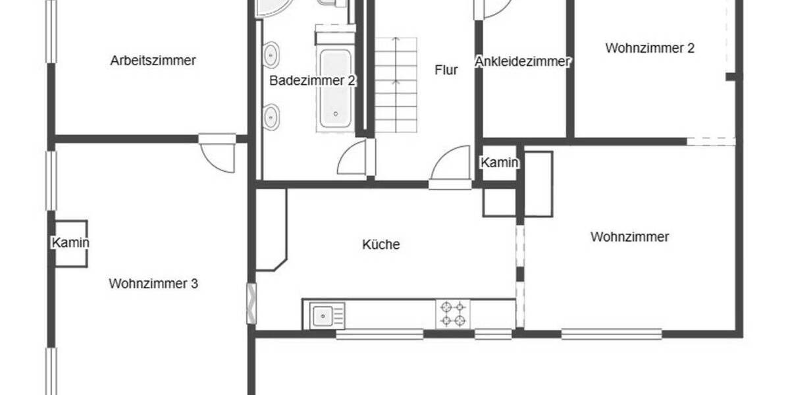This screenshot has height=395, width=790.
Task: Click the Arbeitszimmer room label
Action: click(x=153, y=61)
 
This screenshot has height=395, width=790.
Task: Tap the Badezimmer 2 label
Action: click(x=313, y=81)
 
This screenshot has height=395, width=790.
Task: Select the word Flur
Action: click(x=446, y=70)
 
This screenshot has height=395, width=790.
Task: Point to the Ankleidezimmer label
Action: click(x=523, y=61)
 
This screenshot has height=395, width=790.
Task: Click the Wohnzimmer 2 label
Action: click(x=650, y=48)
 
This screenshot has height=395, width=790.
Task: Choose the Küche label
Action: click(x=381, y=244)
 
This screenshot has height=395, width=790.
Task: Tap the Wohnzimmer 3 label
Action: click(x=153, y=284)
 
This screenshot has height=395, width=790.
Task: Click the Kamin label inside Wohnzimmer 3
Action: click(x=70, y=243)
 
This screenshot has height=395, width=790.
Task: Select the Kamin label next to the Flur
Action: click(x=500, y=163)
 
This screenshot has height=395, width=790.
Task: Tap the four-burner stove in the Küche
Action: click(x=454, y=314)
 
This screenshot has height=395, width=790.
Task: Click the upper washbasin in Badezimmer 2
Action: click(x=271, y=54)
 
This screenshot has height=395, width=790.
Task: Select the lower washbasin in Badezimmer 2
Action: click(x=271, y=117)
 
